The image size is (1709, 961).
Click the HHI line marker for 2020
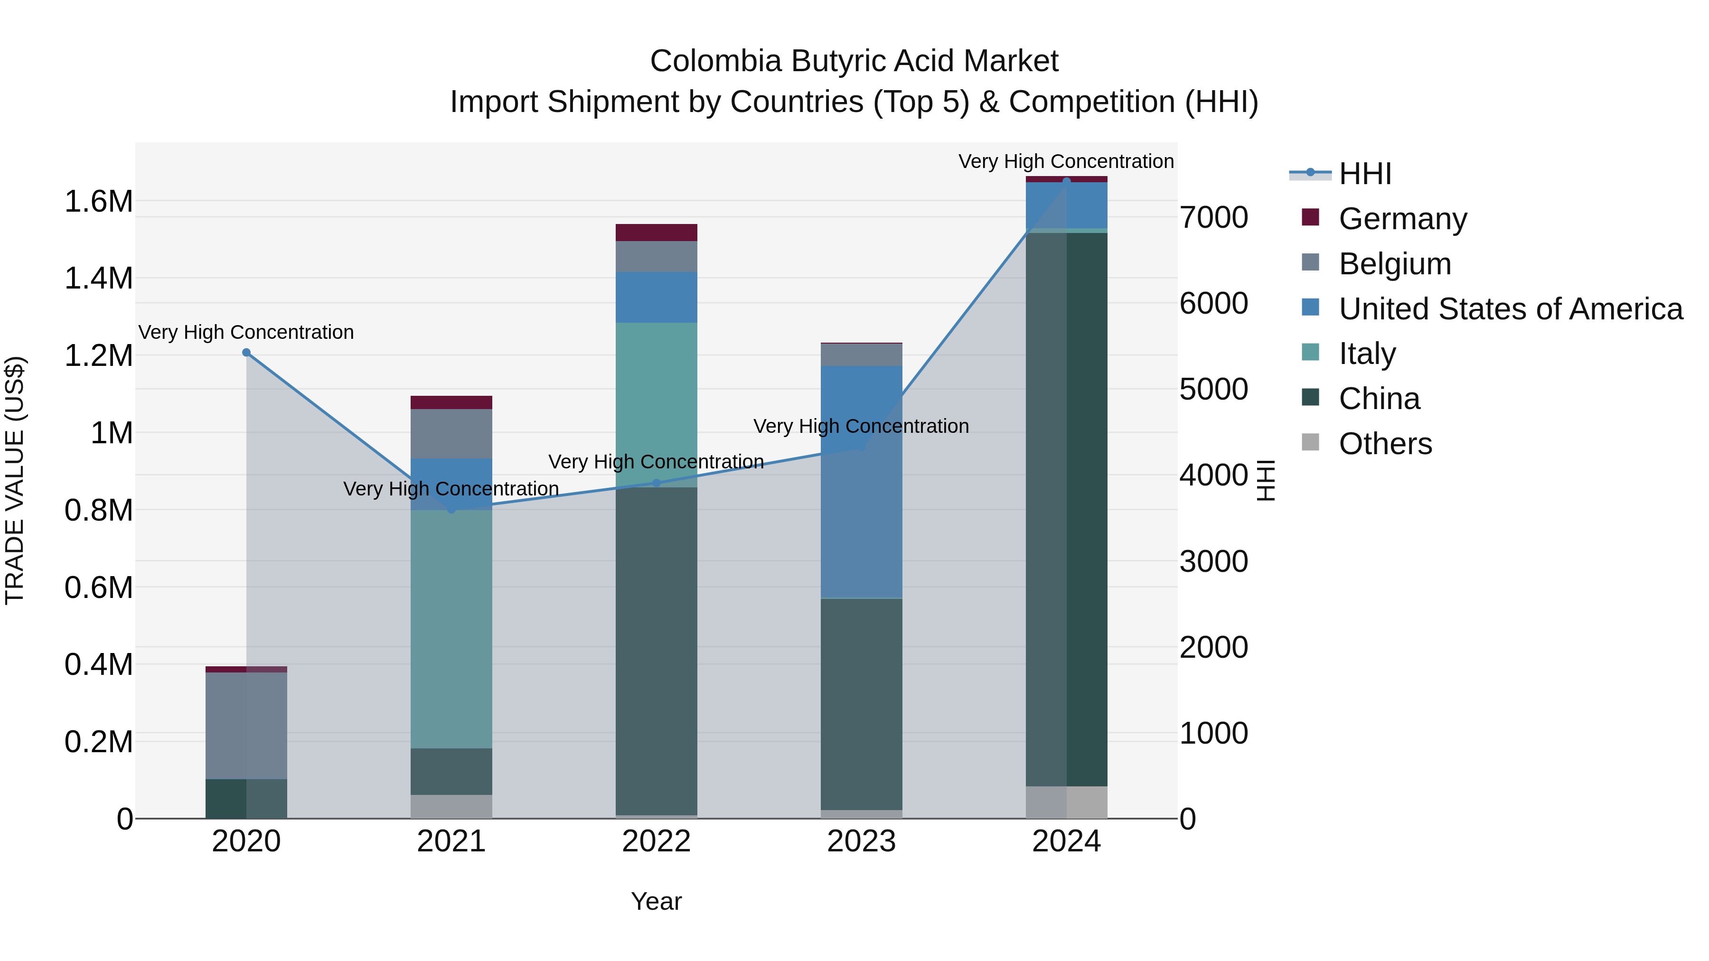click(x=246, y=353)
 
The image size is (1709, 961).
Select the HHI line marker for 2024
click(x=1066, y=181)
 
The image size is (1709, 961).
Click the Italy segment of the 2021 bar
click(x=451, y=629)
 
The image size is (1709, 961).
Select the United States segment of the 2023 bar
click(x=861, y=482)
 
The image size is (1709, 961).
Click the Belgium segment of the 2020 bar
click(x=246, y=726)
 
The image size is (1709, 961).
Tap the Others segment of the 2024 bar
click(x=1066, y=802)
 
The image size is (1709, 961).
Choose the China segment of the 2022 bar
click(x=656, y=651)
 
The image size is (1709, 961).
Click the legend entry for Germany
click(x=1402, y=219)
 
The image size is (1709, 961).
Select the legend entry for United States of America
click(x=1510, y=309)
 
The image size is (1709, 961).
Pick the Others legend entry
click(x=1385, y=444)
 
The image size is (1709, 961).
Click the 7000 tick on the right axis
click(x=1213, y=217)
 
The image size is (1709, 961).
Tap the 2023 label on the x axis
click(x=861, y=841)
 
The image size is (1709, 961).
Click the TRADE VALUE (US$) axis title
click(x=15, y=480)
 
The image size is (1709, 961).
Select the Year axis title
click(x=656, y=901)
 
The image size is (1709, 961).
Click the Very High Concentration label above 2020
click(x=246, y=332)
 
